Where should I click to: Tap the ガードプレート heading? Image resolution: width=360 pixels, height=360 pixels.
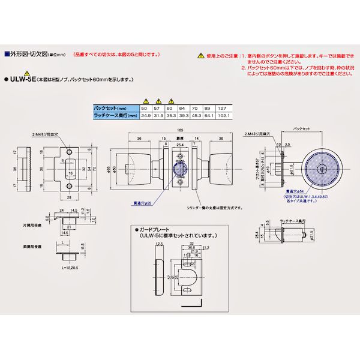point(156,230)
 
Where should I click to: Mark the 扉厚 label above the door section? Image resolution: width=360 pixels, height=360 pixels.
point(179,137)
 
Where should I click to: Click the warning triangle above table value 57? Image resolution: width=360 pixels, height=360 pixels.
point(158,101)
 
